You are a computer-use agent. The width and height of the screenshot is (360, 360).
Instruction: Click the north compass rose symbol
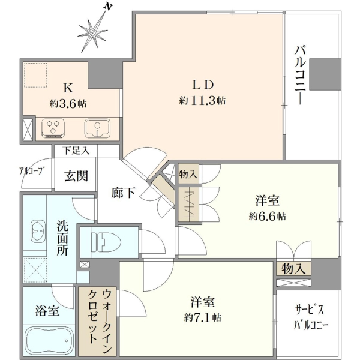[93, 32]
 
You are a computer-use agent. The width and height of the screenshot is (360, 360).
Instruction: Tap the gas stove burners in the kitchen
[53, 128]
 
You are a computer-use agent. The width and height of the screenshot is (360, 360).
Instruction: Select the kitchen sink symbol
[97, 128]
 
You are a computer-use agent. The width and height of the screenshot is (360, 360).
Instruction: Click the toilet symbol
[106, 242]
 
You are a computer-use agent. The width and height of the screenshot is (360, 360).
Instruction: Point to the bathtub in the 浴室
[49, 341]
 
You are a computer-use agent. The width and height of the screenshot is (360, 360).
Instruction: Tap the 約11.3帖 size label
[202, 101]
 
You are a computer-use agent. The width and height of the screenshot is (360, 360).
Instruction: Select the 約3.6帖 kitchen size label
[68, 104]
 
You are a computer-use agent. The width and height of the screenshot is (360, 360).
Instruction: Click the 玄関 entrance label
[76, 176]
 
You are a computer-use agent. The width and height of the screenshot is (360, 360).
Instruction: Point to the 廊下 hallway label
[123, 193]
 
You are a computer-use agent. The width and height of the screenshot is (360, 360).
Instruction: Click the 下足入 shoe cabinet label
[76, 151]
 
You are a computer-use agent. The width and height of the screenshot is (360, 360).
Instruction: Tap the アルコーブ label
[31, 170]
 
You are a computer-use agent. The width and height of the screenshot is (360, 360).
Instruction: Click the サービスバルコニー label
[311, 318]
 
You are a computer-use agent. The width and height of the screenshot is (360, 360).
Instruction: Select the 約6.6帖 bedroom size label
[267, 216]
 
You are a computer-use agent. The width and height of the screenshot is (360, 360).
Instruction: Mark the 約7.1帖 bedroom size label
[203, 318]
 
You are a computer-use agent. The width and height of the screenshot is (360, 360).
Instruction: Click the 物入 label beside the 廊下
[188, 174]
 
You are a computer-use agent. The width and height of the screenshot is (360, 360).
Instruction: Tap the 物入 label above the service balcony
[293, 269]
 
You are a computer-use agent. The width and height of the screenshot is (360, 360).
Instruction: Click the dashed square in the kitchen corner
[35, 75]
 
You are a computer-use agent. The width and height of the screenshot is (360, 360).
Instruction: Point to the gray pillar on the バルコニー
[325, 74]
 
